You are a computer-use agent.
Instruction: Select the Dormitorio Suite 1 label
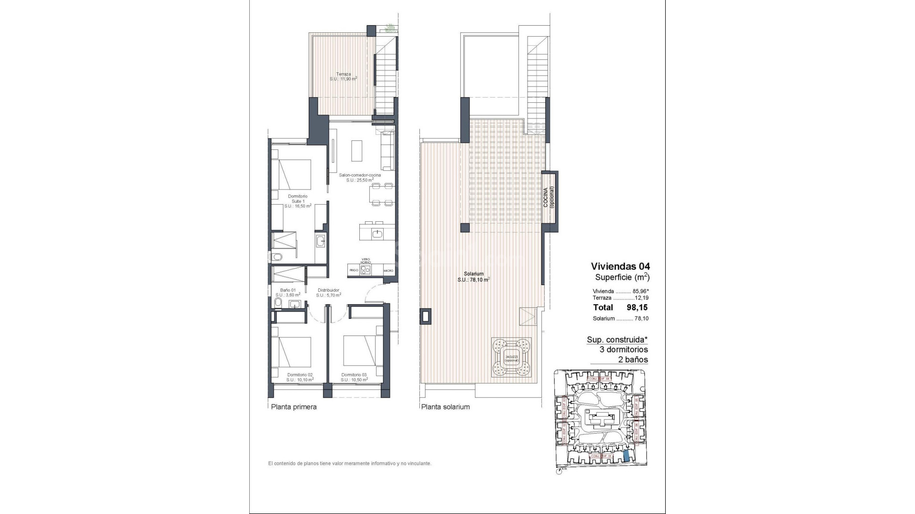click(298, 201)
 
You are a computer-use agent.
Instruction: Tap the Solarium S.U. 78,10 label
click(474, 277)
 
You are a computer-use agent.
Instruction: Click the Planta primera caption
click(294, 407)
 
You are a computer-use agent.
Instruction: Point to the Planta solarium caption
click(445, 407)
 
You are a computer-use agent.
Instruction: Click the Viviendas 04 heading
click(620, 266)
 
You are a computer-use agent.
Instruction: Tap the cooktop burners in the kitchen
click(366, 270)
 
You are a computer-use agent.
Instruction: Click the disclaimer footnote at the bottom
click(349, 463)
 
